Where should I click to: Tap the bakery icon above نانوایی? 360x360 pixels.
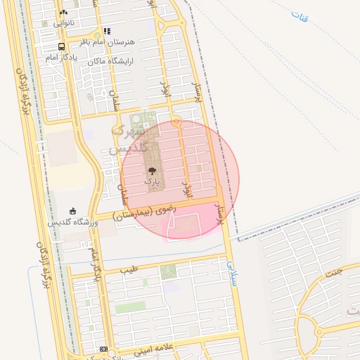[x=64, y=13]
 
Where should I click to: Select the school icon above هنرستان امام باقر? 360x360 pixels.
[x=107, y=31]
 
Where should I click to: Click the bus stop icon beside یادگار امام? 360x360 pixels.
[x=62, y=47]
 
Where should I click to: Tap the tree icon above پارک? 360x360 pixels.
[x=152, y=171]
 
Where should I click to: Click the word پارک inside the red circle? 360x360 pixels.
[x=153, y=181]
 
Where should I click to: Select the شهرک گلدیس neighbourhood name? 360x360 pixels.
[x=129, y=139]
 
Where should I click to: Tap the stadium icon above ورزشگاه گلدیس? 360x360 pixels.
[x=72, y=211]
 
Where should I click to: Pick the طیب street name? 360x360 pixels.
[x=128, y=269]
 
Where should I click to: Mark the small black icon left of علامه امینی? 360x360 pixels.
[x=104, y=349]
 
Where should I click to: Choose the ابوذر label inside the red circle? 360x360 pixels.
[x=186, y=188]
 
